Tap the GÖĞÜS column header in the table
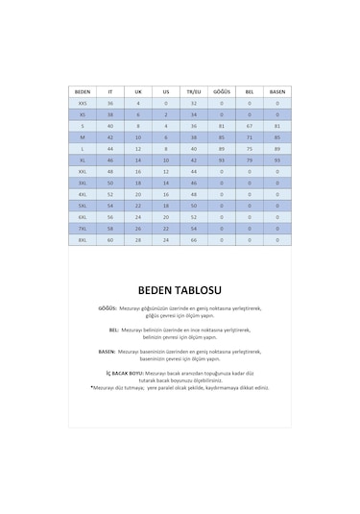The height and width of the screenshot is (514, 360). tap(222, 91)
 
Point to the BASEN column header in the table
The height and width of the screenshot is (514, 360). tap(277, 91)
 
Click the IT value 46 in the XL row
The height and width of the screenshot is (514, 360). tap(110, 159)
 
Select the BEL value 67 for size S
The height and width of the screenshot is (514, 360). tap(250, 126)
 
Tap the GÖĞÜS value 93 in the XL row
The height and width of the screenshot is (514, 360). tap(222, 159)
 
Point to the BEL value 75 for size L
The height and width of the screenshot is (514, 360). tap(250, 148)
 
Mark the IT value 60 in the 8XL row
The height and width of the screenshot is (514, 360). tap(110, 239)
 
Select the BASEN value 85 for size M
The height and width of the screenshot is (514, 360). tap(277, 136)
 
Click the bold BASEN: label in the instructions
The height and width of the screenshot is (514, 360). tap(108, 352)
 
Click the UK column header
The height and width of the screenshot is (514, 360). tap(138, 91)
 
